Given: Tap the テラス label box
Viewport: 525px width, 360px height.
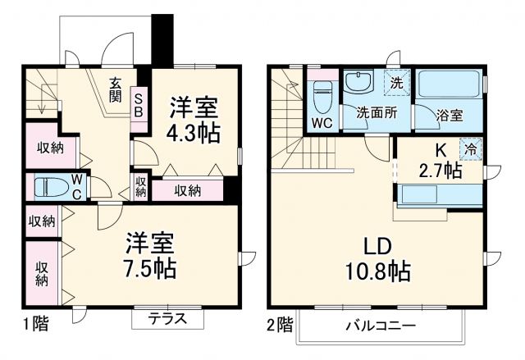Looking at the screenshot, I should pos(167,319).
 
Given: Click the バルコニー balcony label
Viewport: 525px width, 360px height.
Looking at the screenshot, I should pos(380,326).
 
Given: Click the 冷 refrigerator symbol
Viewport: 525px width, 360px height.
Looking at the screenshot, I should pos(471,149).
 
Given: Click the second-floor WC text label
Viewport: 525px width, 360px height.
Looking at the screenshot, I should pos(322,124).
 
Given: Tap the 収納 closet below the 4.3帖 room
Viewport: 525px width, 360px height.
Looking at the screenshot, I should pos(188,191).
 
